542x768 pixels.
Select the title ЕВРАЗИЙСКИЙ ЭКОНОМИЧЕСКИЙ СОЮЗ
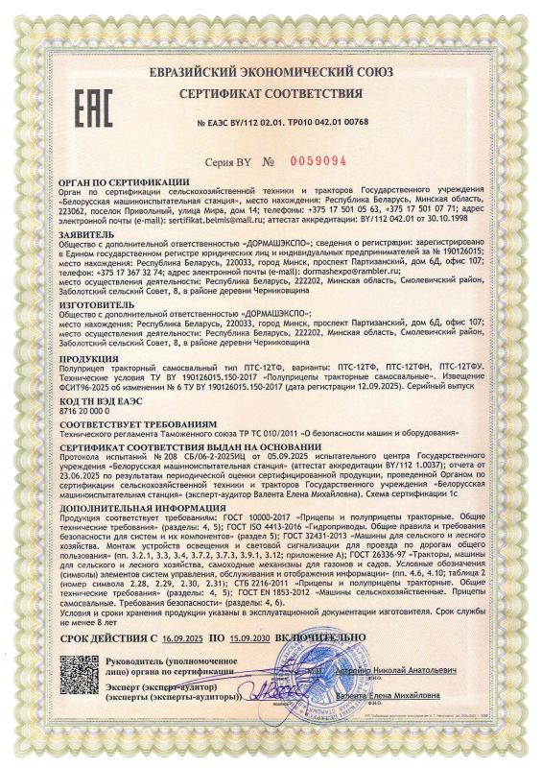tap(273, 73)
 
